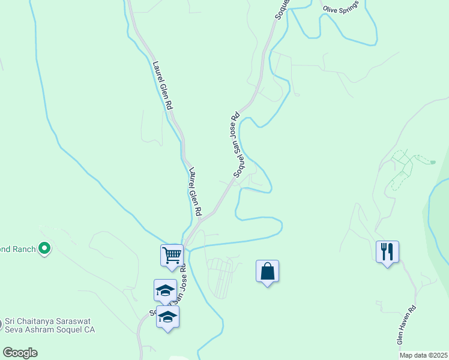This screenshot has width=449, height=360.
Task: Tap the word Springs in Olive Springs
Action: (350, 5)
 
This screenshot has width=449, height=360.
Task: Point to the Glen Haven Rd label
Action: (406, 326)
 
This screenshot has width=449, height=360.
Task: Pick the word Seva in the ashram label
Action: (14, 329)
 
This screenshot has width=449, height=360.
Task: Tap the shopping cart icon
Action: (172, 255)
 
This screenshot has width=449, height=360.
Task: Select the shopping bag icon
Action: (267, 271)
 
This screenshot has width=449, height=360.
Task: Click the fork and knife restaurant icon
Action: (387, 251)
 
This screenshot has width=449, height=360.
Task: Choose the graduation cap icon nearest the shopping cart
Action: (165, 290)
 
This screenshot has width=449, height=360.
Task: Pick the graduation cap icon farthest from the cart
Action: (168, 317)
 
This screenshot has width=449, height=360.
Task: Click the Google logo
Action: (20, 352)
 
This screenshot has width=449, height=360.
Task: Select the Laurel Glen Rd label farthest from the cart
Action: (163, 84)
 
